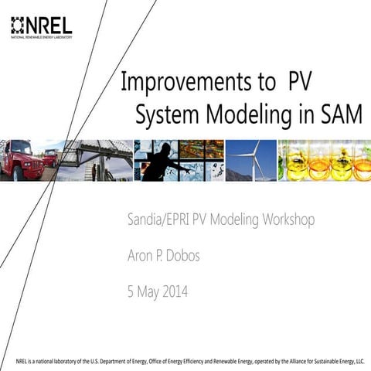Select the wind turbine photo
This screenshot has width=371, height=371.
[251, 160]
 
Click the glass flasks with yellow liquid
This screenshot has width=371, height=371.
[325, 160]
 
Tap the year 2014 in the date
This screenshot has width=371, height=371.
[171, 292]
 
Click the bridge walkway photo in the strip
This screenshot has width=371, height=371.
[93, 160]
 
